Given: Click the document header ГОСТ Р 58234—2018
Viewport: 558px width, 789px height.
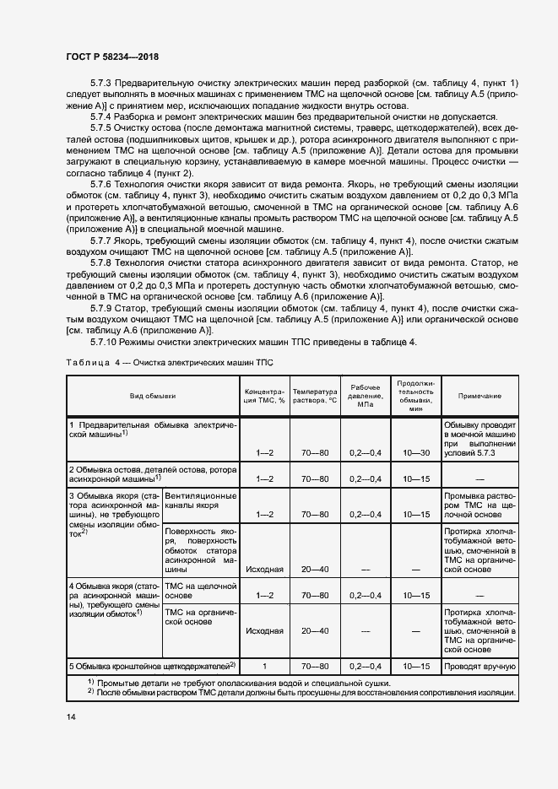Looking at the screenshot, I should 112,57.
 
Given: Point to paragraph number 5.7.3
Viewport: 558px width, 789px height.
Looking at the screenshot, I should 105,82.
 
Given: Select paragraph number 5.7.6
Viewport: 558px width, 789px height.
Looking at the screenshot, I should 105,183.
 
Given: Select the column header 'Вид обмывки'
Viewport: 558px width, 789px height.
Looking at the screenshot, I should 153,395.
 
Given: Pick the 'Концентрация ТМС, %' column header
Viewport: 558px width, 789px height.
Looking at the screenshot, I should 265,395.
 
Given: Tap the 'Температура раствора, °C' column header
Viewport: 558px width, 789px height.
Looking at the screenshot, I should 314,395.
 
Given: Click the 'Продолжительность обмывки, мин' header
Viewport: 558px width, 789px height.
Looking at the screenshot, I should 415,394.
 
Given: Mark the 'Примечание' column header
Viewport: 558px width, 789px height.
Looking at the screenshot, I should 479,395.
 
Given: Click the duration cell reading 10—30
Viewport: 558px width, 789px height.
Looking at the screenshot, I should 415,453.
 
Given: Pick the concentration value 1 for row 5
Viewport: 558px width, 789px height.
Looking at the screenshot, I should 265,667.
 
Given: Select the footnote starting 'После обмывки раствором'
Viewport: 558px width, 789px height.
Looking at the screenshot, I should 295,691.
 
